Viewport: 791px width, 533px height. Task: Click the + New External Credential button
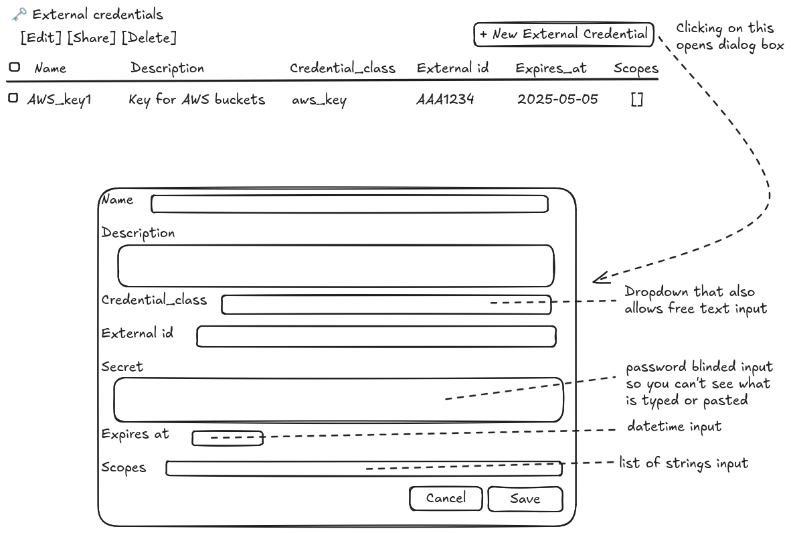tap(563, 34)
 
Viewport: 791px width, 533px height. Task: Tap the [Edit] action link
tap(41, 38)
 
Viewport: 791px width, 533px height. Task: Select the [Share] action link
tap(91, 38)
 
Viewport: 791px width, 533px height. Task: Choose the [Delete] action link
tap(149, 38)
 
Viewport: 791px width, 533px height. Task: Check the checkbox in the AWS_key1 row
tap(13, 98)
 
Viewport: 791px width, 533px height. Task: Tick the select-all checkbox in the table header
tap(15, 67)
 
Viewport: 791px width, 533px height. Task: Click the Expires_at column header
tap(551, 68)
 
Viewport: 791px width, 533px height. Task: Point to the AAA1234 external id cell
tap(445, 99)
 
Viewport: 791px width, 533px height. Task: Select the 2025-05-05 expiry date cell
tap(557, 99)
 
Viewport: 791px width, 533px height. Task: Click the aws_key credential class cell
tap(319, 100)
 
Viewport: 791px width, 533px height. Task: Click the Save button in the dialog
tap(525, 499)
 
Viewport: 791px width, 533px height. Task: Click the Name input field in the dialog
tap(349, 204)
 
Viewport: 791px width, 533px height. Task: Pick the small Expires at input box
tap(228, 438)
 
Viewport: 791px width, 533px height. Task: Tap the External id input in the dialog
tap(376, 337)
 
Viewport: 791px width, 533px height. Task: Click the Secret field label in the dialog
tap(122, 366)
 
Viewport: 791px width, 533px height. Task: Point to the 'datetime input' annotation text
tap(675, 427)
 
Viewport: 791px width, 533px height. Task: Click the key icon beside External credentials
tap(19, 14)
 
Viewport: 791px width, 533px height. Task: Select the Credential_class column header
tap(343, 68)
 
